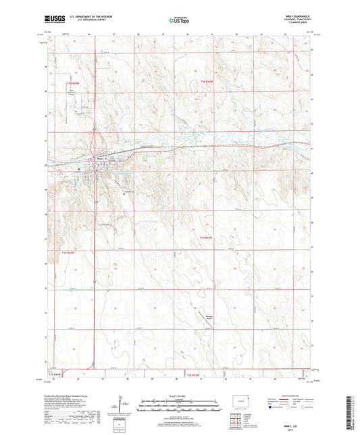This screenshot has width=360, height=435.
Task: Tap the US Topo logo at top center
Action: (177, 21)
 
